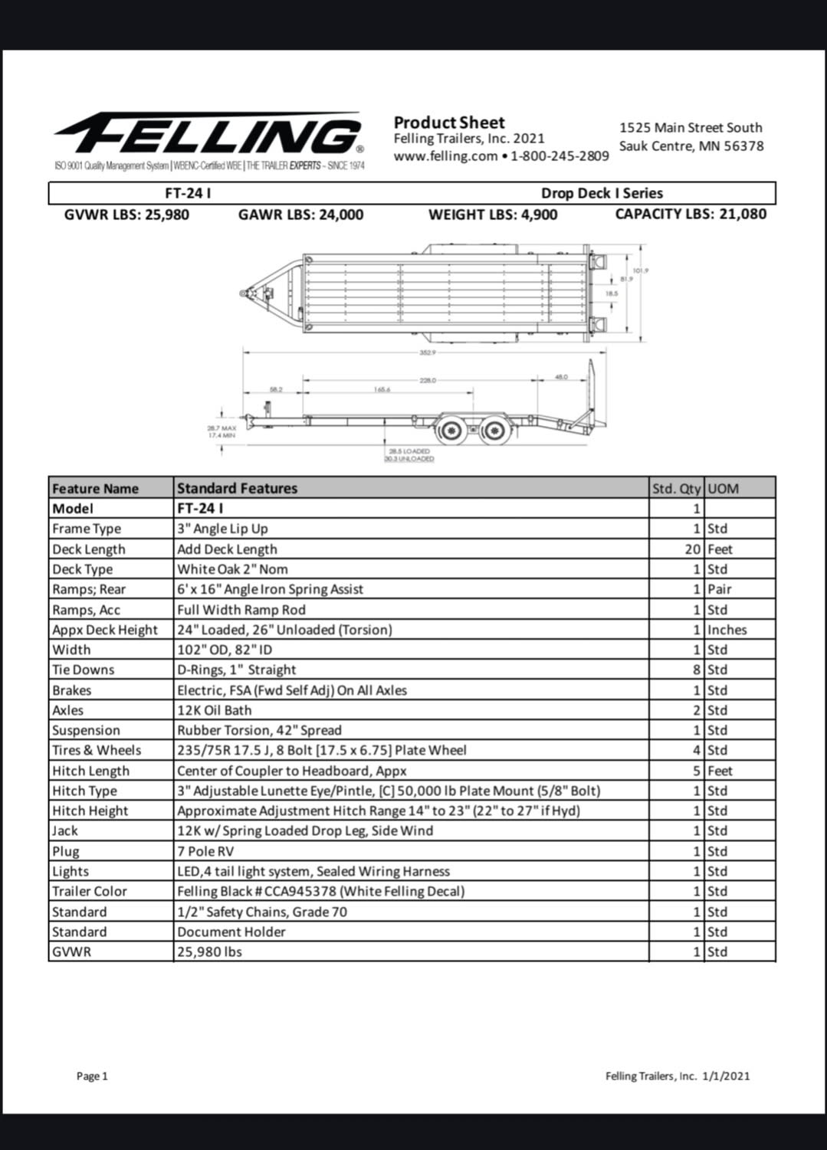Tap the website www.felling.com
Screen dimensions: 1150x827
coord(445,156)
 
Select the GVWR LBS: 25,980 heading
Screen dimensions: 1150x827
coord(126,215)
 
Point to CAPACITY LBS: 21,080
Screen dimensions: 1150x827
coord(690,215)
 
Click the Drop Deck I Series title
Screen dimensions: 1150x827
coord(602,194)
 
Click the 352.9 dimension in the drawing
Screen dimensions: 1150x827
coord(427,352)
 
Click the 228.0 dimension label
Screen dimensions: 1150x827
coord(428,380)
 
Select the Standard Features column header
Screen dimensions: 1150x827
coord(237,488)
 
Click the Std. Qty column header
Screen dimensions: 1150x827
coord(675,489)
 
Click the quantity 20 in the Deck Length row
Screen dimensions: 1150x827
coord(693,549)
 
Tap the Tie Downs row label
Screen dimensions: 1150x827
coord(83,670)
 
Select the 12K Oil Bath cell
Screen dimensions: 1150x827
coord(214,710)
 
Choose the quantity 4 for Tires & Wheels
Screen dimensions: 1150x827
coord(697,750)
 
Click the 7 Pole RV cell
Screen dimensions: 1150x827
coord(205,851)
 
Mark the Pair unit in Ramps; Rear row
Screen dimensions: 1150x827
coord(719,589)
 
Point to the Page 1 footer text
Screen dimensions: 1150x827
coord(92,1076)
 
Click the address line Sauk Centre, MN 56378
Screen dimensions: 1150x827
coord(691,146)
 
